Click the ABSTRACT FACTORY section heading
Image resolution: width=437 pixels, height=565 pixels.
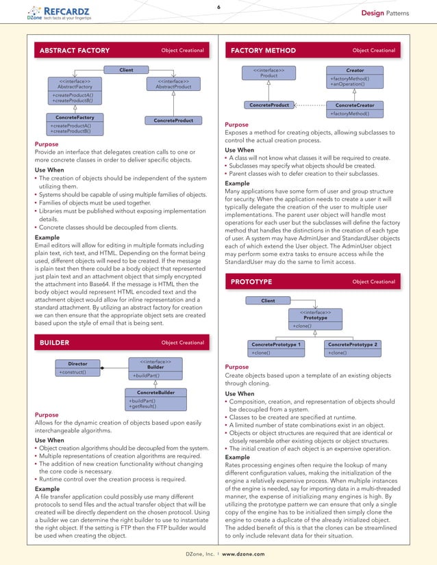coord(75,51)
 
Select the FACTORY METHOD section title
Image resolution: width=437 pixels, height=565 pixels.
coord(264,51)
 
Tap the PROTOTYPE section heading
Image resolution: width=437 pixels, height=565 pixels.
coord(251,282)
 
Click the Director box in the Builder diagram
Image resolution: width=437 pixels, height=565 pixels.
coord(77,364)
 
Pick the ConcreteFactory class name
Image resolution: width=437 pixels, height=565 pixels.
coord(75,118)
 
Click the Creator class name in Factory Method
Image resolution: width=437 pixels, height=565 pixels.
coord(355,70)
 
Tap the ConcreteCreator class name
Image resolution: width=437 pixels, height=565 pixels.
coord(355,105)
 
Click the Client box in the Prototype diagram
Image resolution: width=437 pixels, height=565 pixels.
coord(269,300)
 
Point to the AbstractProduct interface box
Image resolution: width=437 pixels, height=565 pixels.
coord(173,84)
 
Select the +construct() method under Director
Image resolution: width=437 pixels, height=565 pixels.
coord(73,372)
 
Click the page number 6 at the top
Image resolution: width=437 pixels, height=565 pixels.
coord(218,7)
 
